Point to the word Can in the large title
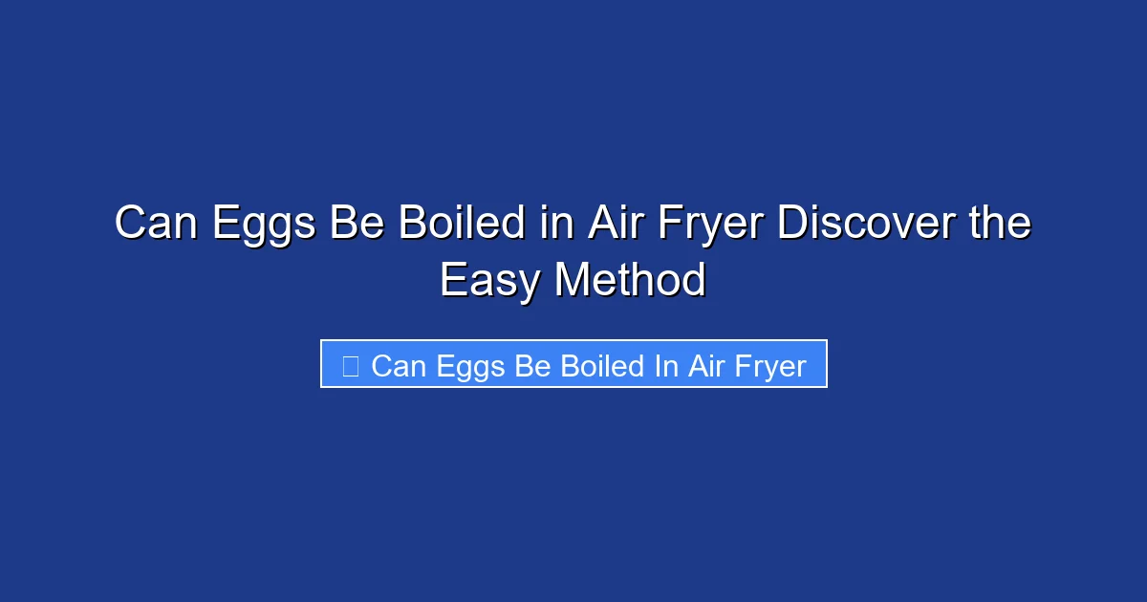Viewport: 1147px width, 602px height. click(157, 224)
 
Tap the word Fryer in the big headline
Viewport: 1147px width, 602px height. click(700, 224)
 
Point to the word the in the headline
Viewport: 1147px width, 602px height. click(999, 224)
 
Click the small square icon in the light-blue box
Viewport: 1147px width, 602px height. click(351, 365)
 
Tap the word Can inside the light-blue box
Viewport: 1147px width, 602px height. click(399, 366)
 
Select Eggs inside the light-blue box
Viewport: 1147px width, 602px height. click(470, 366)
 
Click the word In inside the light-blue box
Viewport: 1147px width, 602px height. click(666, 366)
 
